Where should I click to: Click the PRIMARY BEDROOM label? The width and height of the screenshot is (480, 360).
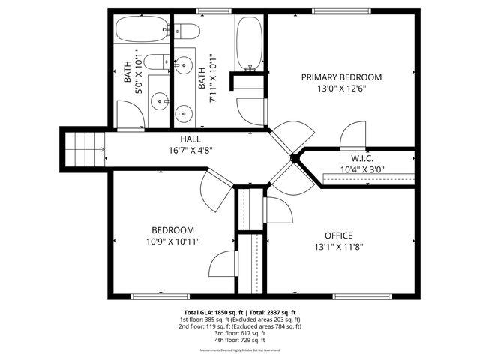(x=341, y=77)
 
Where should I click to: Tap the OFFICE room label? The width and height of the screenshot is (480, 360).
(x=339, y=235)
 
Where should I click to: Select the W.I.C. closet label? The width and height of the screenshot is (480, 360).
(x=362, y=159)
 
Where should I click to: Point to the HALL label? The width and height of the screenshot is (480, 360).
(x=190, y=139)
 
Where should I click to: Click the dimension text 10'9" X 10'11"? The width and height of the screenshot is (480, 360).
(x=173, y=241)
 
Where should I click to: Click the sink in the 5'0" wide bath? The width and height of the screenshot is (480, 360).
(x=159, y=98)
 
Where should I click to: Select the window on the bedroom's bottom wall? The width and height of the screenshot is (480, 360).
(x=160, y=296)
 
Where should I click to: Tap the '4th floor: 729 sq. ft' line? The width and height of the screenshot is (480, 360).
(x=240, y=340)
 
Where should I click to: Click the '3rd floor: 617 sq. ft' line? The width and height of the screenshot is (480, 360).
(x=240, y=333)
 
